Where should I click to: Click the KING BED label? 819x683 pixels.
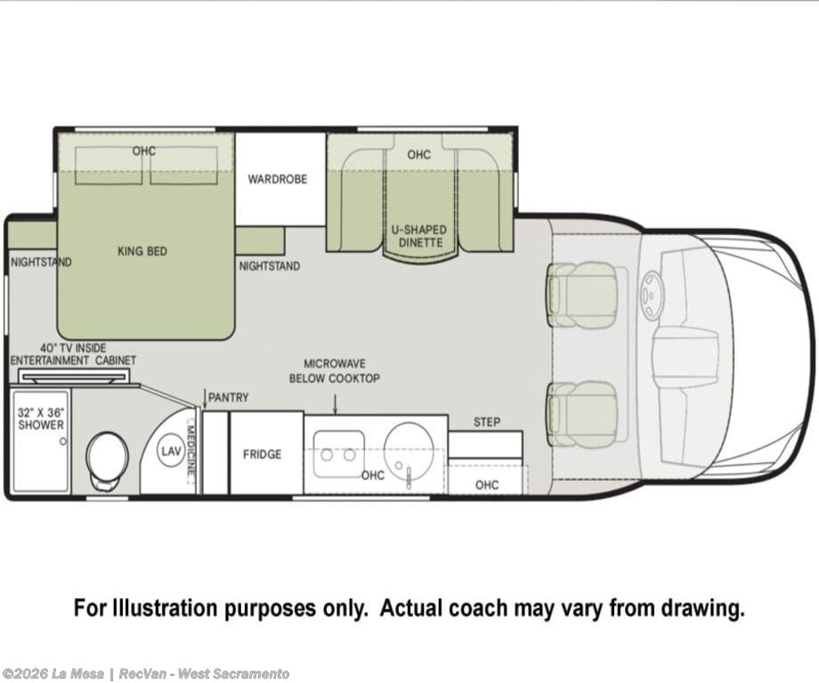point(142,251)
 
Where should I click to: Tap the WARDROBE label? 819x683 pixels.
point(278,179)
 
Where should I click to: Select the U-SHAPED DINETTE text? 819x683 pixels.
point(419,236)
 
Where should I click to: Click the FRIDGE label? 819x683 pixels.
point(263,454)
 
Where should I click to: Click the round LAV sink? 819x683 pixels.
point(171,451)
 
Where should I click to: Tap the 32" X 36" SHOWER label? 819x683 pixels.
point(41,419)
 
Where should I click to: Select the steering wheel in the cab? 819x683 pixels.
point(652,296)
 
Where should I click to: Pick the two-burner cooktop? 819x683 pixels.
point(338,453)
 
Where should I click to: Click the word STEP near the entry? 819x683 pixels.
point(487,422)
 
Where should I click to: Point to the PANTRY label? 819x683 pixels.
point(228,398)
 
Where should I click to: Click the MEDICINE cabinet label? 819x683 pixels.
point(191,450)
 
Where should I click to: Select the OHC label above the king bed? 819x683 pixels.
point(143,151)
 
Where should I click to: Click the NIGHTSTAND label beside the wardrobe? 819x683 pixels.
point(270,266)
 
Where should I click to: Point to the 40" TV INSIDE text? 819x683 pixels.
point(73,348)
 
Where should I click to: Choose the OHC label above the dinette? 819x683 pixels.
point(419,155)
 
